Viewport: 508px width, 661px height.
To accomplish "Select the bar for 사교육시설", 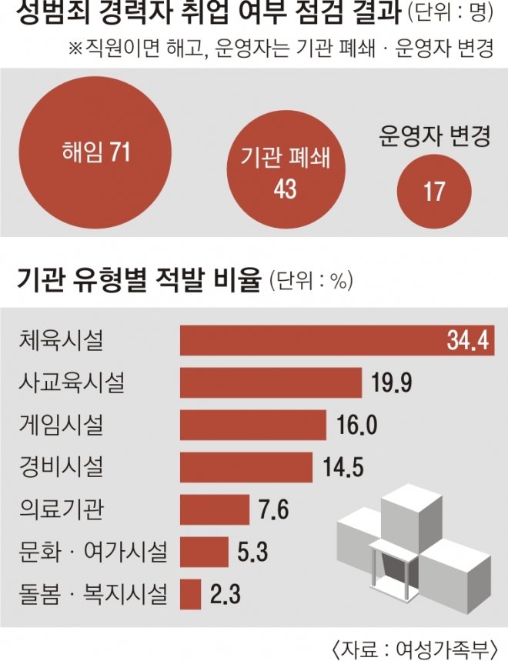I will (x=270, y=382).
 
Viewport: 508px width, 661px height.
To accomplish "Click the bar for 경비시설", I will (x=246, y=467).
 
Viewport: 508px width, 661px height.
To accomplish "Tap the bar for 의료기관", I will (x=215, y=509).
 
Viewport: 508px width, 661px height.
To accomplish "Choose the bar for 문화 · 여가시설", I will (x=204, y=551).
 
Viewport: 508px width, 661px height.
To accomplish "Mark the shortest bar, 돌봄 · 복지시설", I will (x=190, y=593).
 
